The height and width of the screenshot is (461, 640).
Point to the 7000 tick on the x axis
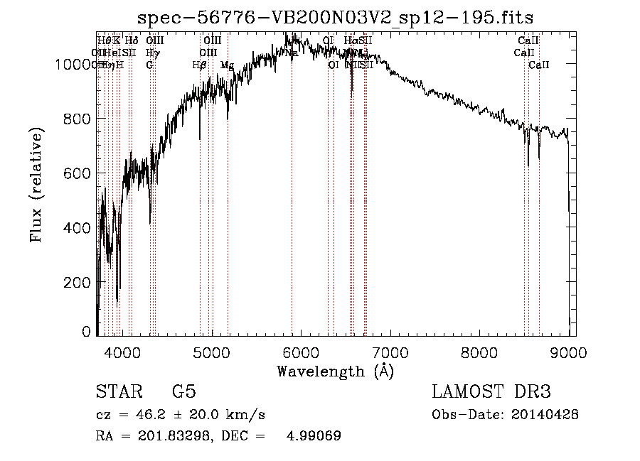390,352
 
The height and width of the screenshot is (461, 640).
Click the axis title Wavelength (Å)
336,371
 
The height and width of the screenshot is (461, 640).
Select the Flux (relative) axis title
37,185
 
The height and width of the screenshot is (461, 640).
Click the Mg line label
227,65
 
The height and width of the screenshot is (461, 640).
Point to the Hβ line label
199,65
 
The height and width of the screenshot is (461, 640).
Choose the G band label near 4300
149,65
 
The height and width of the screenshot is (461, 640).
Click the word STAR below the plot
117,391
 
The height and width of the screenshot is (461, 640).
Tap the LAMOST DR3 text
491,391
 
